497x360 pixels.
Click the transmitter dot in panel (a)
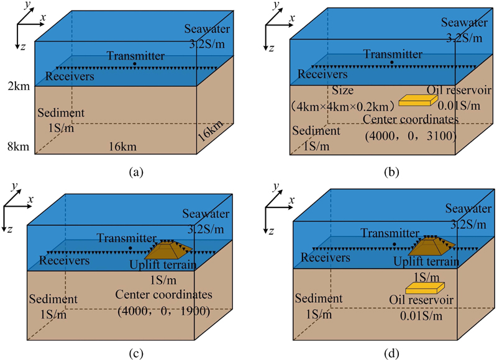[x=135, y=64]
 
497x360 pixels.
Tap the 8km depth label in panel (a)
[x=14, y=148]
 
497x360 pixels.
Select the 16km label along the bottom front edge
[x=124, y=146]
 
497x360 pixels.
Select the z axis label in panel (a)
[x=23, y=48]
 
